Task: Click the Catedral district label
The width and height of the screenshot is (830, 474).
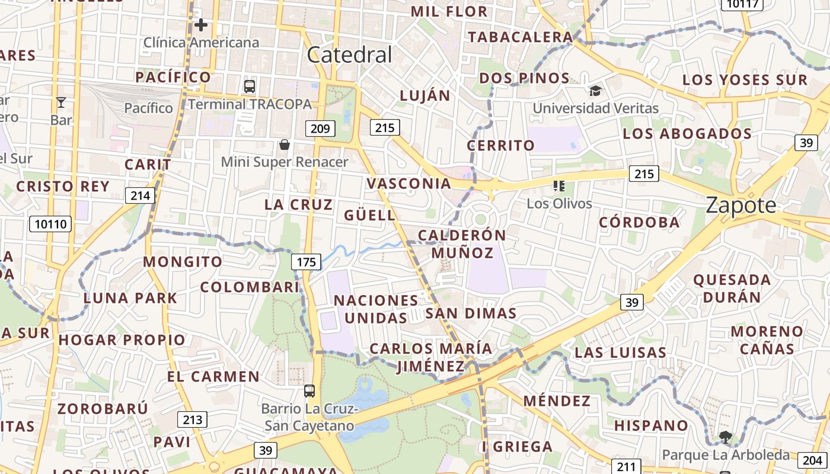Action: [350, 55]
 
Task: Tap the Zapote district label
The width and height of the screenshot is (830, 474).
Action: [740, 206]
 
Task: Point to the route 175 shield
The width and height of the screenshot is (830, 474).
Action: [306, 262]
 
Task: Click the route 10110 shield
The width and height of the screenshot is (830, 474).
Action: [50, 224]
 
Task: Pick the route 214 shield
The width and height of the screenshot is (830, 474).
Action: [140, 196]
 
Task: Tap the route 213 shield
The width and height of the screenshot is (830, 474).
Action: [192, 420]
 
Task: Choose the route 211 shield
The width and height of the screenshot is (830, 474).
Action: [625, 467]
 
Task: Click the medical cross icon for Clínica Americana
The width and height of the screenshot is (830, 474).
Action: [201, 25]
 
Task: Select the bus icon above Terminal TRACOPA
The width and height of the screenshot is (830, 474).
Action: [250, 87]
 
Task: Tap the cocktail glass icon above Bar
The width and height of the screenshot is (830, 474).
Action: [61, 103]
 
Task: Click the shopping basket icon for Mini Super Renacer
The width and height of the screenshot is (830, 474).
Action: [285, 145]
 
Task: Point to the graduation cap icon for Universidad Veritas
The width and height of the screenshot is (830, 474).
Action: [595, 91]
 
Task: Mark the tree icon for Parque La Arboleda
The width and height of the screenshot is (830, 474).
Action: [725, 437]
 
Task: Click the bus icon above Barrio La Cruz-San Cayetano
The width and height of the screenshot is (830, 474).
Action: [309, 391]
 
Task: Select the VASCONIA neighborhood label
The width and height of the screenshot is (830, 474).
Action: [409, 184]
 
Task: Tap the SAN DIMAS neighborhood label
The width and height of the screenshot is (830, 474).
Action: [471, 313]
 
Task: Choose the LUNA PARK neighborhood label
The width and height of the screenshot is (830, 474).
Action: [130, 298]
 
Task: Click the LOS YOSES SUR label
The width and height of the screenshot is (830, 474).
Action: [745, 80]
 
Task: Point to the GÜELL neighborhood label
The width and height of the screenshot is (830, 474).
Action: [370, 215]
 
